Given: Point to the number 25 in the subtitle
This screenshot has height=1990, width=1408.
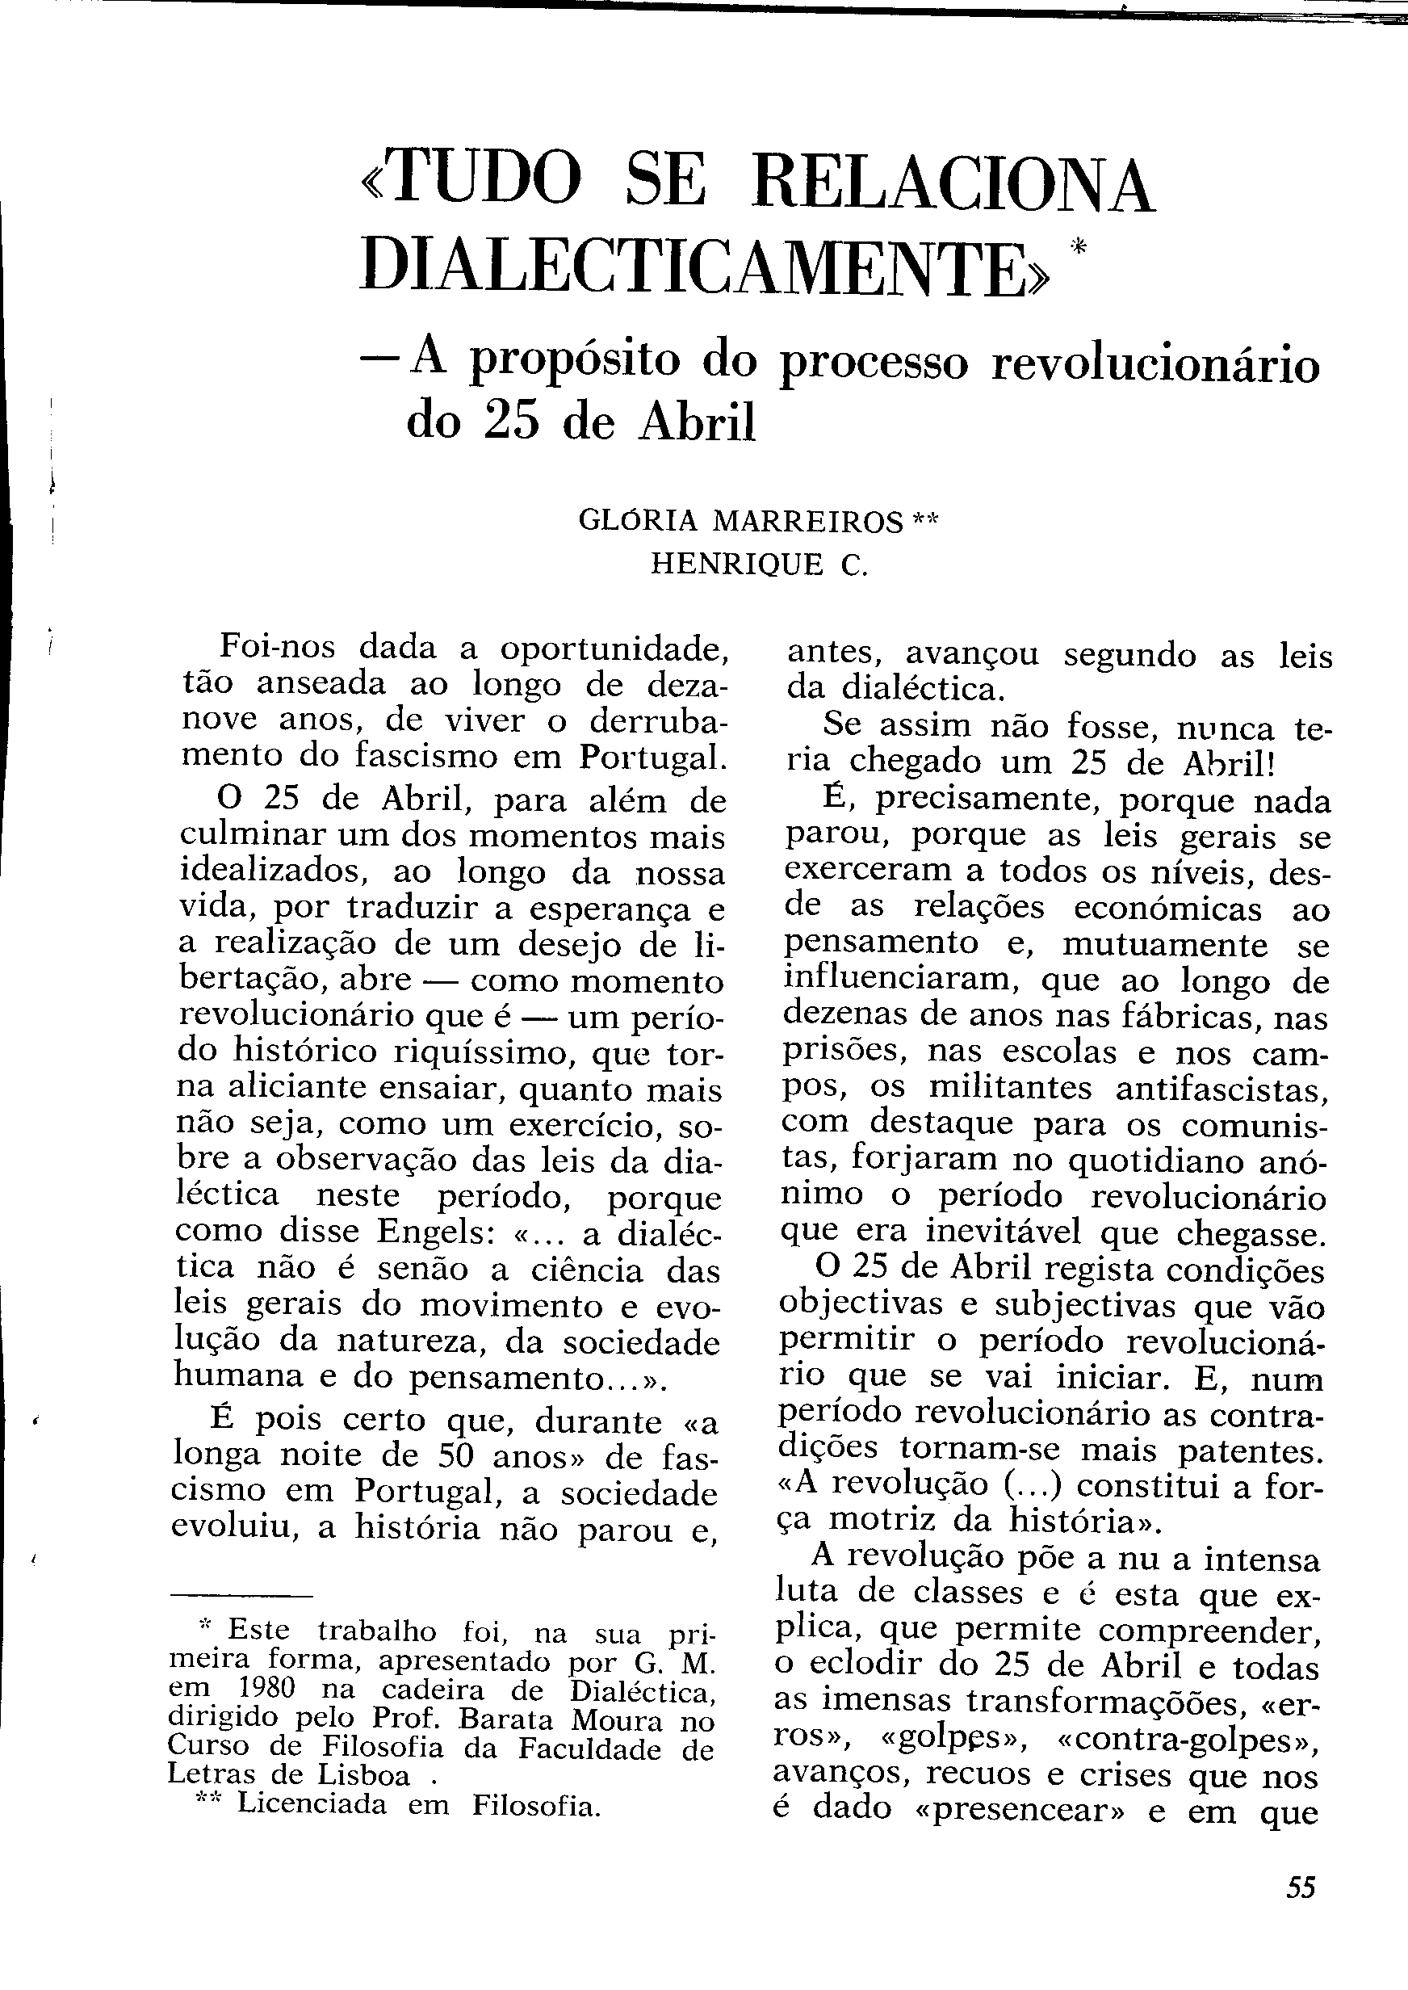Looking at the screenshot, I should (513, 422).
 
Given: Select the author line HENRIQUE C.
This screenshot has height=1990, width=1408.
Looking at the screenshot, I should (759, 565).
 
